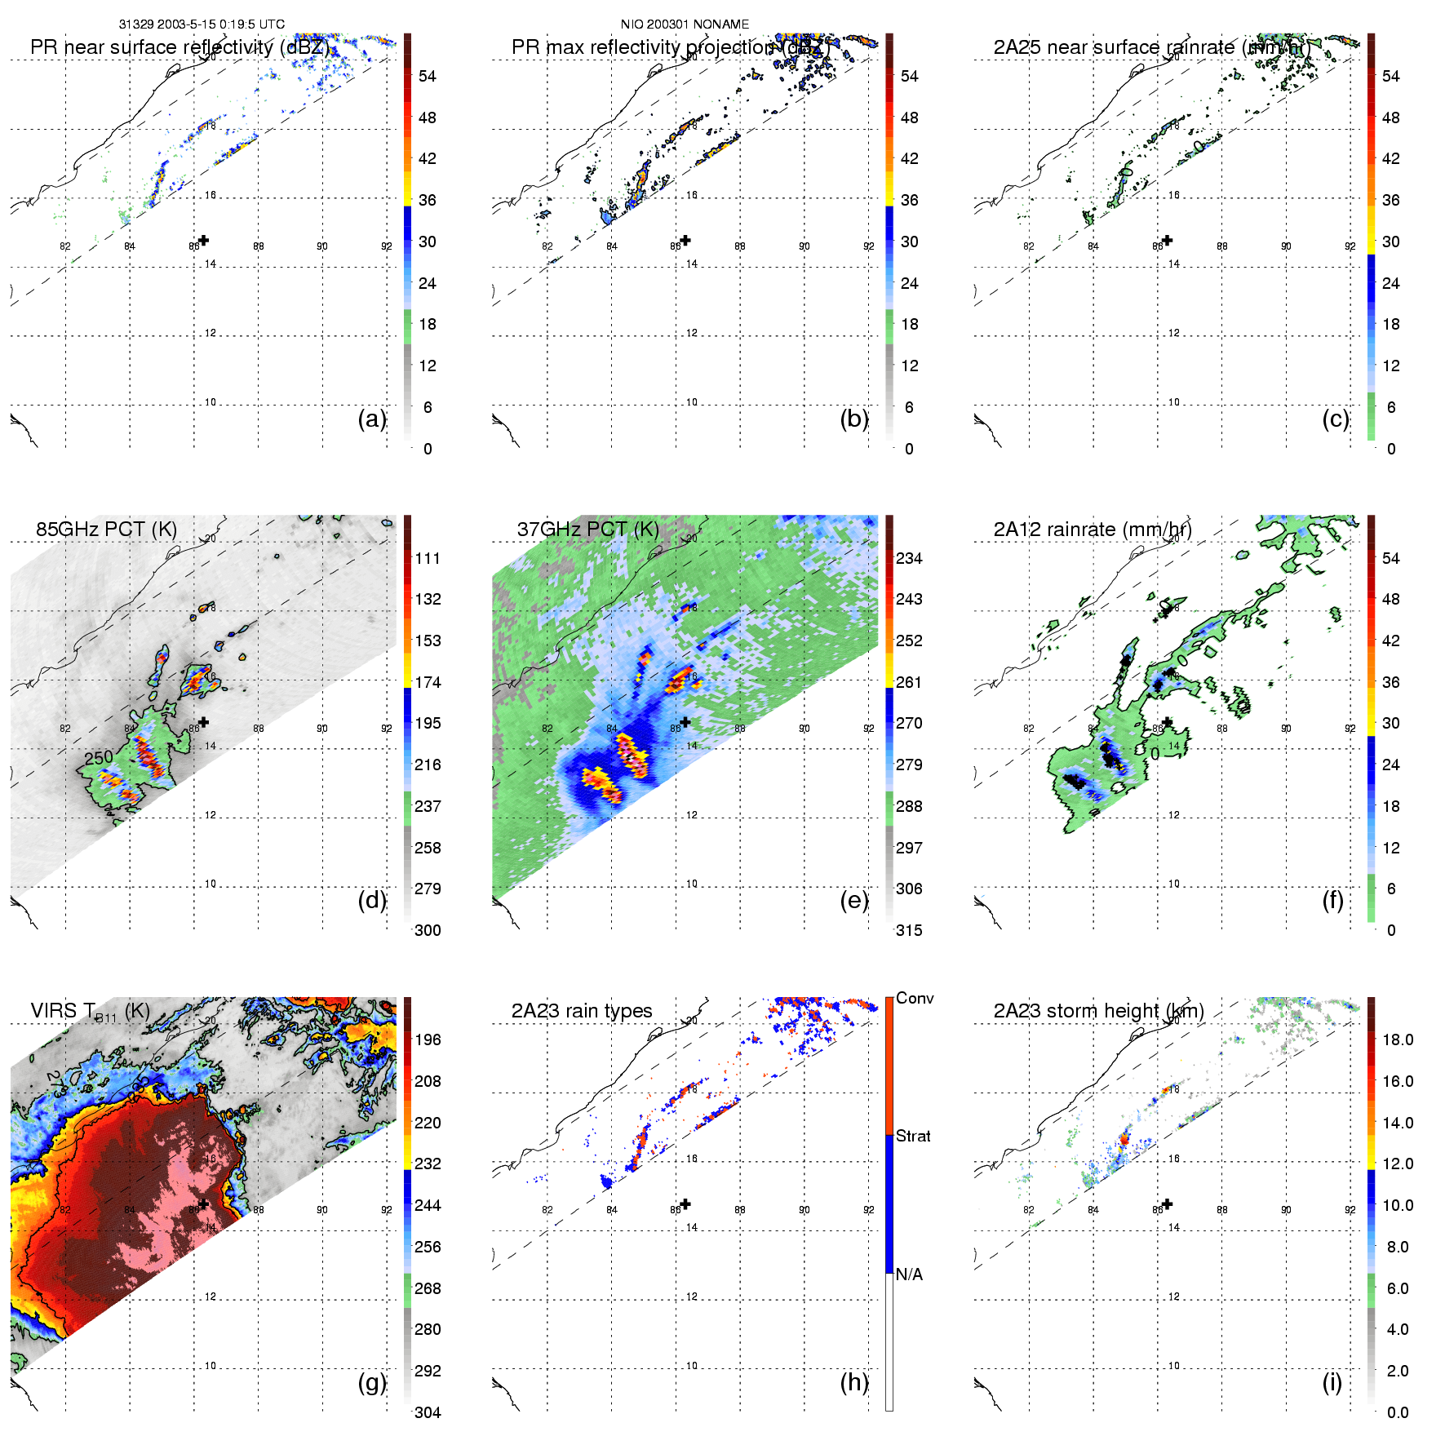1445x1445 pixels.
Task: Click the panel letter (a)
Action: [x=372, y=419]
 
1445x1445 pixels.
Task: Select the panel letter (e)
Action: [x=853, y=901]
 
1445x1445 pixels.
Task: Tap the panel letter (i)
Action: [x=1332, y=1382]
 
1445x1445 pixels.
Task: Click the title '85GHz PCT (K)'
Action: [x=106, y=529]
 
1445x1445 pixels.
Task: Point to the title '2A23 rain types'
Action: [x=582, y=1011]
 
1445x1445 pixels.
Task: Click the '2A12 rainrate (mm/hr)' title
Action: [x=1093, y=529]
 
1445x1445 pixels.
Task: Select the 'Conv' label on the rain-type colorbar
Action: [x=915, y=998]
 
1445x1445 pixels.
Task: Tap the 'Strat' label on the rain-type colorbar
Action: [x=913, y=1136]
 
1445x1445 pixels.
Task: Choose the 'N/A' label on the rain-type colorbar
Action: [x=909, y=1274]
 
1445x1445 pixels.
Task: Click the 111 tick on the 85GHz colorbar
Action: [x=428, y=558]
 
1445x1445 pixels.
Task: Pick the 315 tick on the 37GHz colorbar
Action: [x=909, y=930]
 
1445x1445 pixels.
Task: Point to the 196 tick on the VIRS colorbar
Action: [x=428, y=1039]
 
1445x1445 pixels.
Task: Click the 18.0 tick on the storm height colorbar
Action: [x=1398, y=1039]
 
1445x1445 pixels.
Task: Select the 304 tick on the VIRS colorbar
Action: [x=428, y=1412]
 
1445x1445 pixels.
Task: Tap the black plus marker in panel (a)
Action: [x=204, y=240]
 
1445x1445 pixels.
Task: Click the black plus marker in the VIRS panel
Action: [x=204, y=1203]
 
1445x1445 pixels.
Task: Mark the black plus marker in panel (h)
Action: [x=685, y=1203]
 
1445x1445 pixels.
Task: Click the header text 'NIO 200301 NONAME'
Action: [x=685, y=24]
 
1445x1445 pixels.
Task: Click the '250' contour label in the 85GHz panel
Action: [x=99, y=757]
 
